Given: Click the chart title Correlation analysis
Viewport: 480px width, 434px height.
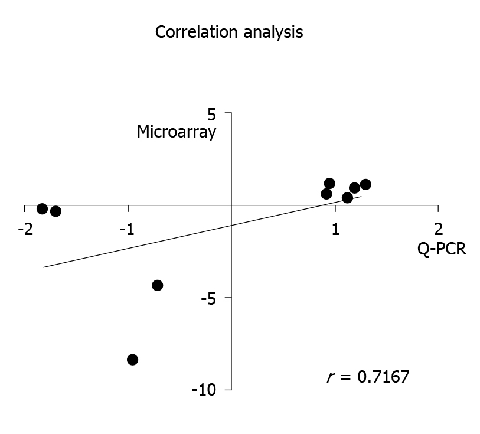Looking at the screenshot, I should click(228, 32).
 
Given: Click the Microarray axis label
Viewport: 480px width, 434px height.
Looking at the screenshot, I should click(176, 132).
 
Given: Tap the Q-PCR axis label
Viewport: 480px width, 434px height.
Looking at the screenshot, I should click(442, 249).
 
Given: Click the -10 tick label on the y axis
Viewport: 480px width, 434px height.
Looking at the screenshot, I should click(205, 390).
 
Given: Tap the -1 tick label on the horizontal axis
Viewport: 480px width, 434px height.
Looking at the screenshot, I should click(128, 229).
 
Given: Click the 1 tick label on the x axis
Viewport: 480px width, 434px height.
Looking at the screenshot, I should click(335, 229).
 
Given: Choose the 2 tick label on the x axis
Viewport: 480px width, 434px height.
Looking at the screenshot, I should click(438, 229).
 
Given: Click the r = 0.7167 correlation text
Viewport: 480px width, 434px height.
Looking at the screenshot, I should click(367, 377).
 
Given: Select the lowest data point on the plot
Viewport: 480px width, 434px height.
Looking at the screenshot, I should click(132, 360).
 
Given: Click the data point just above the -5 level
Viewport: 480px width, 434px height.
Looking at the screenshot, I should click(157, 285).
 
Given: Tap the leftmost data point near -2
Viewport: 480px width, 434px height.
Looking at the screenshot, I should click(42, 208).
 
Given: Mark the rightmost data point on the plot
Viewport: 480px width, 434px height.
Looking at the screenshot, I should click(365, 184).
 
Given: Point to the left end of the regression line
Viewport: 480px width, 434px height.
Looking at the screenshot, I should click(44, 267).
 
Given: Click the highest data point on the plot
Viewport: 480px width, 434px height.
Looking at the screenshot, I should click(329, 183).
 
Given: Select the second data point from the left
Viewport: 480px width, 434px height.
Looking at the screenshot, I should click(55, 211).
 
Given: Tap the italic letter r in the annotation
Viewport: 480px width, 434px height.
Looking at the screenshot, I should click(329, 377).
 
